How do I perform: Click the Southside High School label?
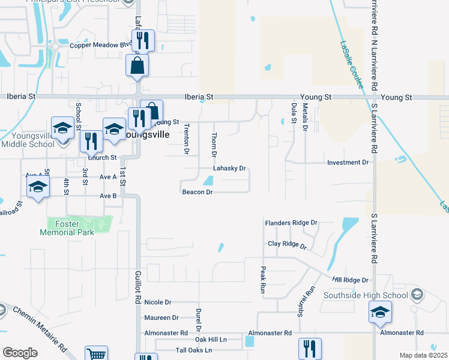tap(366, 295)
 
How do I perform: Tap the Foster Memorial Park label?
tap(67, 228)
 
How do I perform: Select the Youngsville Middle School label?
tap(27, 140)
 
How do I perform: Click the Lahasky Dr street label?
tap(230, 169)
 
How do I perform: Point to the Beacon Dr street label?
tap(197, 192)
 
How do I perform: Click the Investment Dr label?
tap(348, 163)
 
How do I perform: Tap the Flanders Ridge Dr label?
tap(291, 223)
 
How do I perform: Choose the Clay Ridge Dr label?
tap(287, 245)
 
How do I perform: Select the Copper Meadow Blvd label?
tap(100, 46)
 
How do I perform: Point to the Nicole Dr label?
tap(158, 302)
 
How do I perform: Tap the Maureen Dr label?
tap(161, 317)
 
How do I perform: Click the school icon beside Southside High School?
tap(379, 313)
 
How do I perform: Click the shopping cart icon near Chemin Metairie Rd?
tap(95, 354)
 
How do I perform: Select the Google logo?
tap(20, 353)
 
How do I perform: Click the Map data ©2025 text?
tap(423, 355)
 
